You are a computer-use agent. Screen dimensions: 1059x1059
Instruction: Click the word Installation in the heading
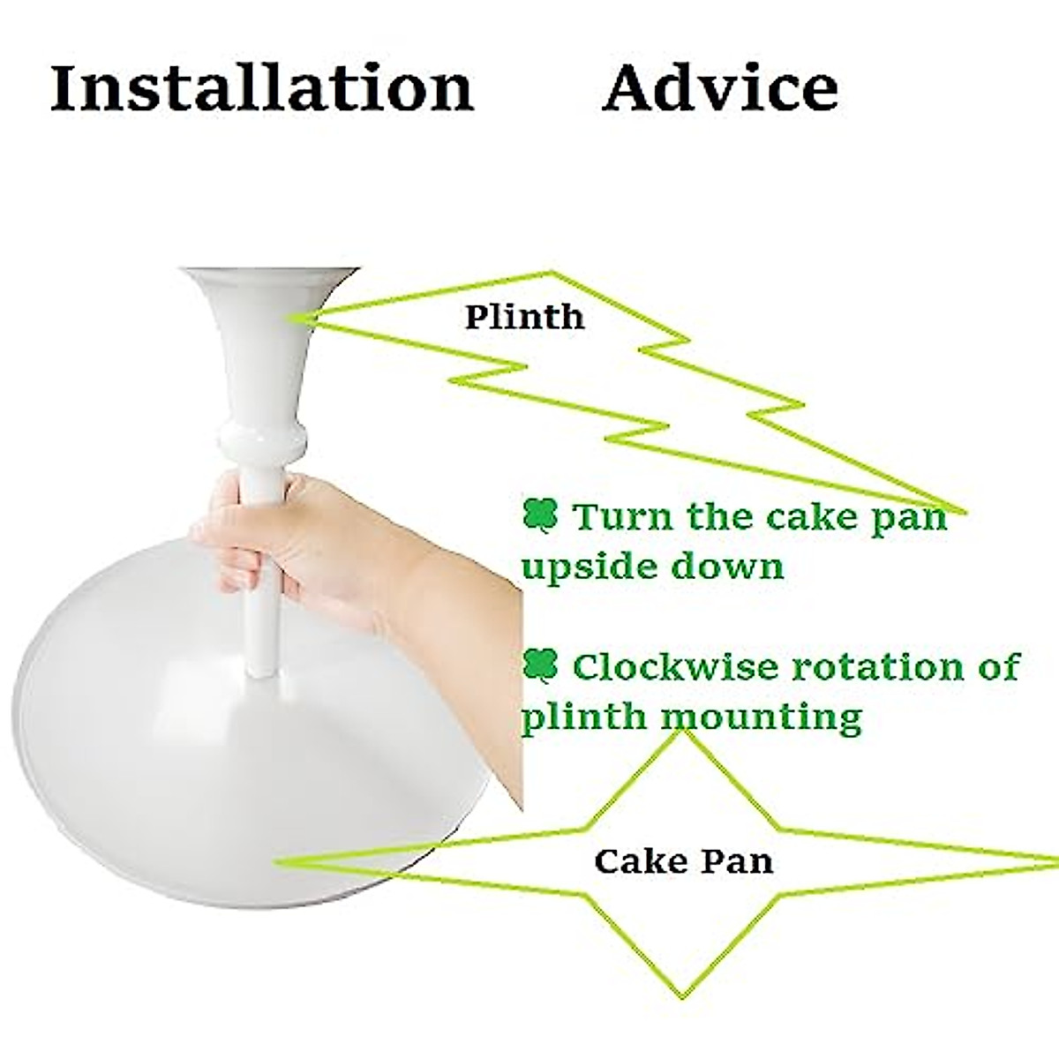click(262, 88)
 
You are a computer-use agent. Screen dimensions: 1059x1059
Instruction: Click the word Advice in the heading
click(719, 88)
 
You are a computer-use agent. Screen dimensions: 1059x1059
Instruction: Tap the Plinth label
click(524, 317)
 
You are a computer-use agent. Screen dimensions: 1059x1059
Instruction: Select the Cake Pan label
click(683, 860)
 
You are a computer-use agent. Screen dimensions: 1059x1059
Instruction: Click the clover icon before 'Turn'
click(540, 514)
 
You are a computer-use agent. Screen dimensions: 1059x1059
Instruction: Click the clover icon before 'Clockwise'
click(540, 665)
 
